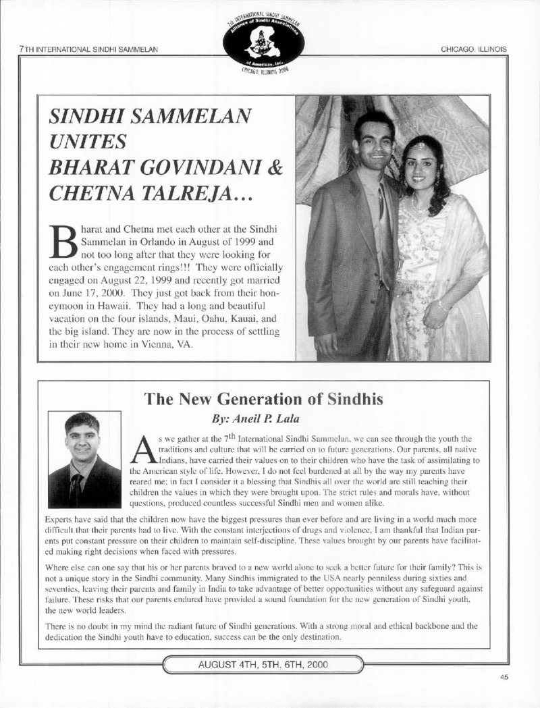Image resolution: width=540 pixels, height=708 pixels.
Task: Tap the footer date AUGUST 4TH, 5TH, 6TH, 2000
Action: tap(263, 664)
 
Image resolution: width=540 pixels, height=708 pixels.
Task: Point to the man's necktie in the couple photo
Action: tap(383, 202)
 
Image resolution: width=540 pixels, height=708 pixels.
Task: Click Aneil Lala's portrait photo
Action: tap(84, 459)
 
